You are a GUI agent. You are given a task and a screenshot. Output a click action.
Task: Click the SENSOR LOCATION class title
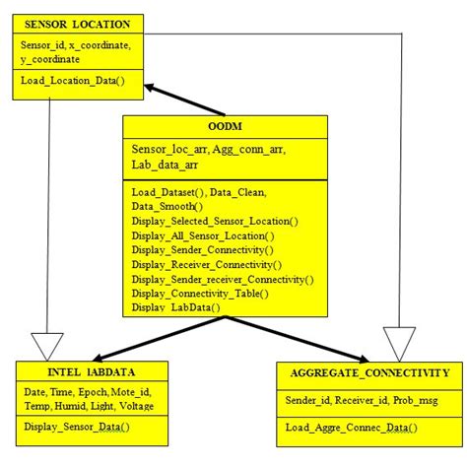[x=77, y=22]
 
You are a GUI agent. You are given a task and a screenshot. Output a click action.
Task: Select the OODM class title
[x=225, y=127]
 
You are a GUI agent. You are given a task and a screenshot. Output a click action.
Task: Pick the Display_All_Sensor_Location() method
[x=202, y=236]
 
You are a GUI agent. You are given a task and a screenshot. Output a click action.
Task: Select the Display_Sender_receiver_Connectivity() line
[x=223, y=280]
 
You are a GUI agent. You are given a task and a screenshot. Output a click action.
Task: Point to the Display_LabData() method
[x=176, y=307]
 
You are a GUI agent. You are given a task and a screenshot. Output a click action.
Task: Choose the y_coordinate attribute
[x=54, y=58]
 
